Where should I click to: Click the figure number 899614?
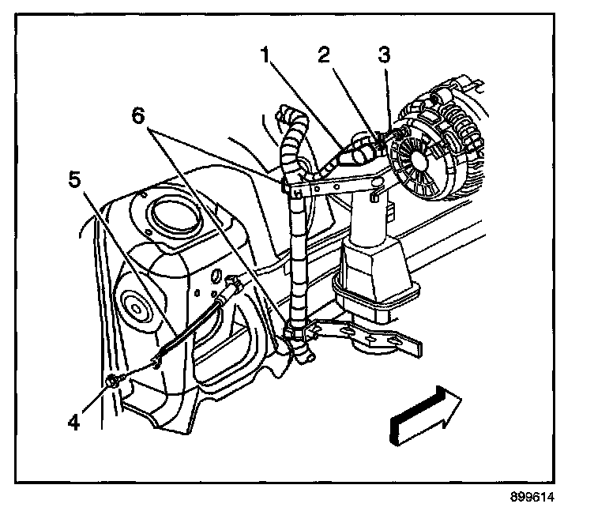pyautogui.click(x=533, y=498)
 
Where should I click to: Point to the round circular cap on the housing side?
pyautogui.click(x=134, y=303)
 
